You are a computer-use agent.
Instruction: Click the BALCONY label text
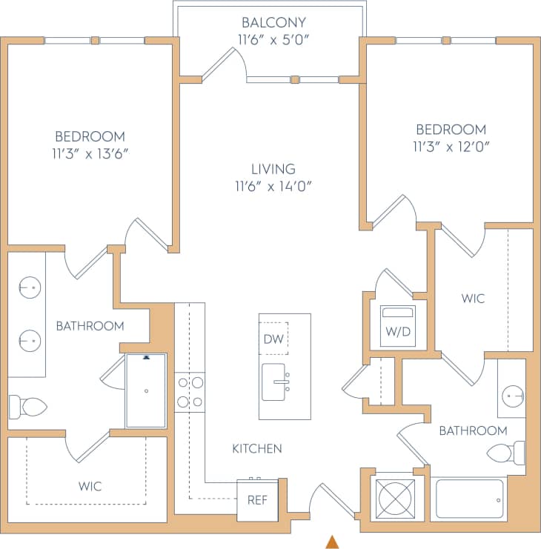pos(273,22)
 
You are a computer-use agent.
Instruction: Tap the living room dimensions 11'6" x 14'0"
pos(273,186)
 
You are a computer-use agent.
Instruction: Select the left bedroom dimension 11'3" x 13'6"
pos(90,153)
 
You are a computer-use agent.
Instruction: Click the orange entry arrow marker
pos(333,542)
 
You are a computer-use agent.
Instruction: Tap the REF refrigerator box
pos(257,499)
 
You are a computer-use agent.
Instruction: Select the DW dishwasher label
pos(273,339)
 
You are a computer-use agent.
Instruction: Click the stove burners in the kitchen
pos(190,393)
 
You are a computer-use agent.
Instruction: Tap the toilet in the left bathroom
pos(27,406)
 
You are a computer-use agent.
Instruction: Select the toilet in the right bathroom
pos(508,452)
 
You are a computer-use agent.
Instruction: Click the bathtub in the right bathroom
pos(469,499)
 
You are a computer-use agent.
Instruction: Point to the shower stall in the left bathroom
pos(146,390)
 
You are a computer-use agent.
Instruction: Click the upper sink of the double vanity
pos(30,285)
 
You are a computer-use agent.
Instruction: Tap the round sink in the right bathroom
pos(512,396)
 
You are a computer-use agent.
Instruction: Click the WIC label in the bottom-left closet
pos(90,487)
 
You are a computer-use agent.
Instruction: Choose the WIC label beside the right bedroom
pos(473,299)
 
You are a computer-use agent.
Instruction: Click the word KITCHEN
pos(257,448)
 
